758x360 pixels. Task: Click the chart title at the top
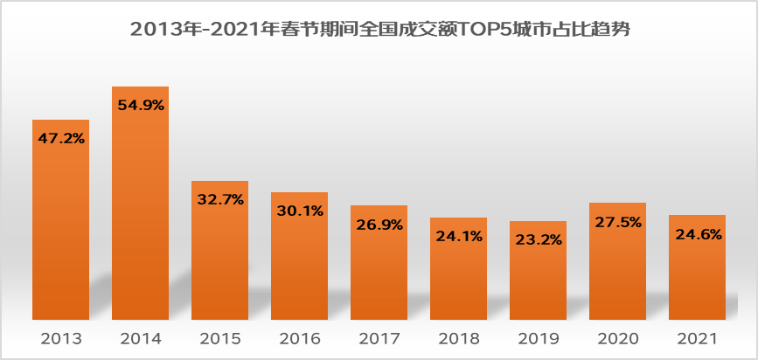[379, 28]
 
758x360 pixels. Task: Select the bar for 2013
[60, 236]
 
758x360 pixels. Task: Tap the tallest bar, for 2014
[140, 218]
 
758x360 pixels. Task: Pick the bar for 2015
[220, 262]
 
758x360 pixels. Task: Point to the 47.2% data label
[60, 137]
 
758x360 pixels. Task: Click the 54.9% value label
[140, 105]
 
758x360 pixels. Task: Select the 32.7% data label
[220, 199]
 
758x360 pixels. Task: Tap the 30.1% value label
[299, 210]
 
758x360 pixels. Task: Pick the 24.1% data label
[459, 235]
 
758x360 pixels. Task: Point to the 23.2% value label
[539, 239]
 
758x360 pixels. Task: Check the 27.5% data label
[618, 221]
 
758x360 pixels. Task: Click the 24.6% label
[698, 233]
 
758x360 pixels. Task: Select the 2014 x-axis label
[140, 338]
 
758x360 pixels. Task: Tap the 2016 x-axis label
[299, 338]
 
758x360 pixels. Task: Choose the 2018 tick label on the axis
[459, 338]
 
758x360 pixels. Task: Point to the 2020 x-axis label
[618, 338]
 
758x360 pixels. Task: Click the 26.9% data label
[379, 224]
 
